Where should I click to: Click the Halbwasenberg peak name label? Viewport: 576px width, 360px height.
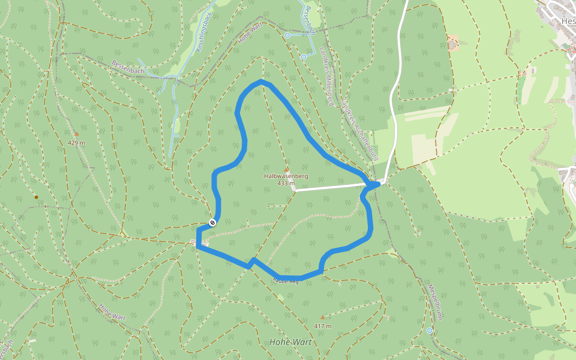point(286,176)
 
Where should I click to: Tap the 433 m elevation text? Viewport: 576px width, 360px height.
point(286,183)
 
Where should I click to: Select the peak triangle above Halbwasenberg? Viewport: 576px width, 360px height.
point(286,169)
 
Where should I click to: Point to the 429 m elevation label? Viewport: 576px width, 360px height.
point(76,143)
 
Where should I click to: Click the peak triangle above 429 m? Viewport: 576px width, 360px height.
point(76,133)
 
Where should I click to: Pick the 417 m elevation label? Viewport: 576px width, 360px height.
point(322,326)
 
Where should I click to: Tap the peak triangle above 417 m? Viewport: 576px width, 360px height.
point(322,317)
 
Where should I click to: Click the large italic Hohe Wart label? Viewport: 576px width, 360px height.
point(290,342)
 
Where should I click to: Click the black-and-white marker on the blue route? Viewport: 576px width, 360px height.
point(212,223)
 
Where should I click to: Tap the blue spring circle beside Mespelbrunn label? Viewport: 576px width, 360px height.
point(429,331)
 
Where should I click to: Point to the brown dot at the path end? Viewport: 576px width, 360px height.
point(36,197)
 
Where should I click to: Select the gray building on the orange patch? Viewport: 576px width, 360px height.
point(453,43)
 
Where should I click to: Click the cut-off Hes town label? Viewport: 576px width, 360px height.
point(567,21)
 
